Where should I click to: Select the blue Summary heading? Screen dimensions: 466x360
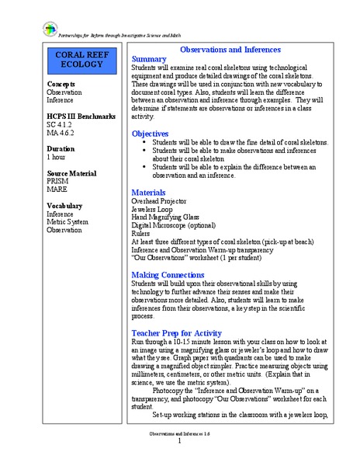[149, 58]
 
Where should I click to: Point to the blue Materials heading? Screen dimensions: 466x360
[149, 191]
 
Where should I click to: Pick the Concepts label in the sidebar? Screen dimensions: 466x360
[61, 83]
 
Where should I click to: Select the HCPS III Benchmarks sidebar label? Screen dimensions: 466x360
[82, 116]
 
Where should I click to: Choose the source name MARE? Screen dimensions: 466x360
[59, 189]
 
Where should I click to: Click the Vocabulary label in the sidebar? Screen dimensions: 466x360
[67, 205]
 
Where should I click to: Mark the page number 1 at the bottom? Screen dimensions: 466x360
[179, 440]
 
